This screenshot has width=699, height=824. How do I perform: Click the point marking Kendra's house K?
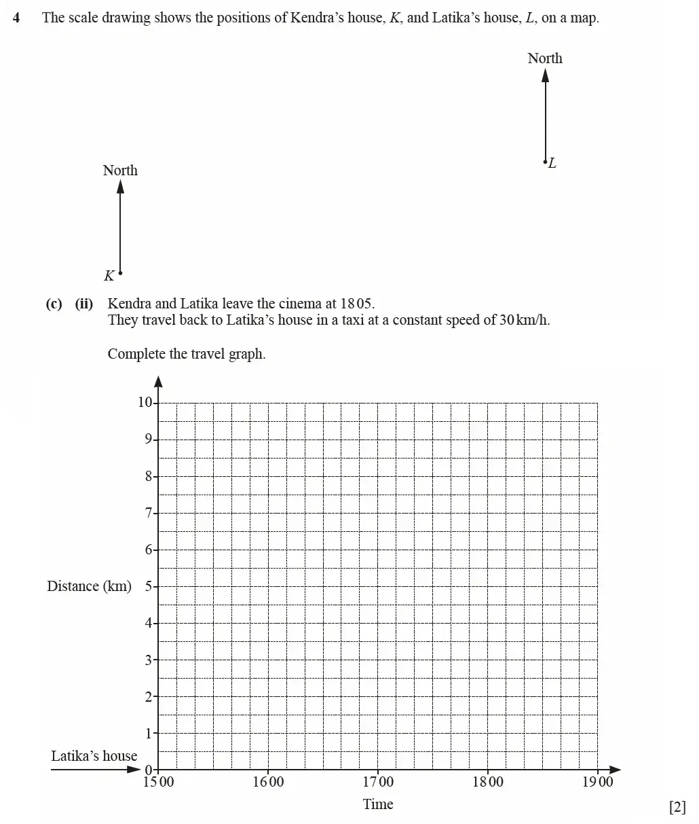[x=120, y=273]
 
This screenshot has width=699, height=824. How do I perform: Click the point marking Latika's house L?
[x=545, y=162]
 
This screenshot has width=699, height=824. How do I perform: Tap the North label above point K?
[x=120, y=171]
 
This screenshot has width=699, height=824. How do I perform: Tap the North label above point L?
[x=545, y=58]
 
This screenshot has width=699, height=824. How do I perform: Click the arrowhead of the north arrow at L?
[x=545, y=74]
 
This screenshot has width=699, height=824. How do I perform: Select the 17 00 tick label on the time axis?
[x=378, y=782]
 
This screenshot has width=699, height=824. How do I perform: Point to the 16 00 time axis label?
[x=268, y=782]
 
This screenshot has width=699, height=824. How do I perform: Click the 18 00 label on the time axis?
[x=488, y=782]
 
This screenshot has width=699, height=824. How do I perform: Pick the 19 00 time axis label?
[x=597, y=782]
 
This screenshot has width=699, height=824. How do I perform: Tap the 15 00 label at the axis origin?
[x=158, y=782]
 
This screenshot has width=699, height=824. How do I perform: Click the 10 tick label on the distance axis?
[x=145, y=402]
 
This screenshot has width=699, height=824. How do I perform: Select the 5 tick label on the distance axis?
[x=147, y=586]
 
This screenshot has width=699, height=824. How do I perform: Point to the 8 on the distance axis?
[x=147, y=476]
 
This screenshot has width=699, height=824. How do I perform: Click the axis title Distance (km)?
[x=89, y=586]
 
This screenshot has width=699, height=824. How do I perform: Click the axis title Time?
[x=378, y=804]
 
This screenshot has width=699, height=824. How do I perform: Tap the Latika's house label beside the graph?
[x=94, y=756]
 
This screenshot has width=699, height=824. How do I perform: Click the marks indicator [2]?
[x=677, y=807]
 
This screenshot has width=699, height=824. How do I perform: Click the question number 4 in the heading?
[x=16, y=18]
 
